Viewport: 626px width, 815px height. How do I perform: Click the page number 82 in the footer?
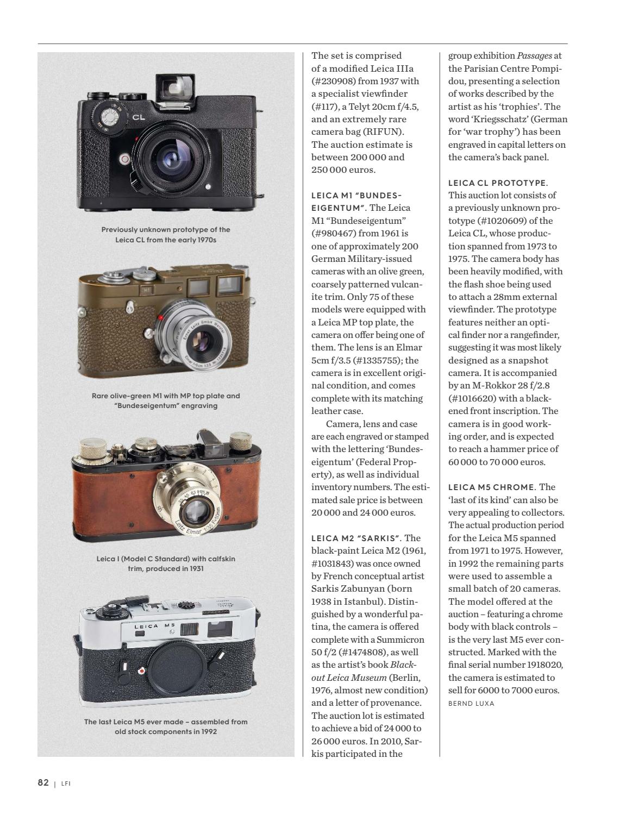coord(43,782)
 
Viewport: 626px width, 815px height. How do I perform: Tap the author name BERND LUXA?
coord(471,703)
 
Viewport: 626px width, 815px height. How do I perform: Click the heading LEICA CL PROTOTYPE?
coord(498,183)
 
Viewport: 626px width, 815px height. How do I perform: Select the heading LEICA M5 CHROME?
coord(492,487)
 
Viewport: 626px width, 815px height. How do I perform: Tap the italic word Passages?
coord(534,55)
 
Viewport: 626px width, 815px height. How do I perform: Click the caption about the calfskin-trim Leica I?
coord(166,563)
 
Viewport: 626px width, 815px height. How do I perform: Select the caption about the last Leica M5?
coord(166,726)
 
